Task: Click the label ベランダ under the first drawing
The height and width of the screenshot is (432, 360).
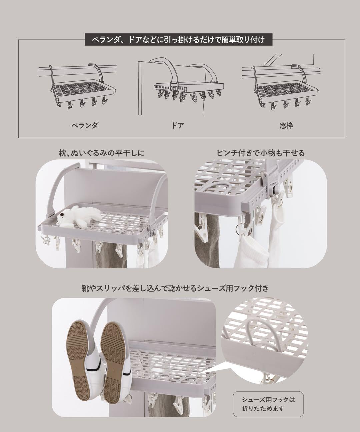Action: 85,125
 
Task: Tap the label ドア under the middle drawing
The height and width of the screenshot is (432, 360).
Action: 177,125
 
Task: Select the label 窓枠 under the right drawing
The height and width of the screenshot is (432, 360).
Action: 286,125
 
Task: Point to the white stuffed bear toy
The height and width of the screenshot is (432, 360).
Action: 79,218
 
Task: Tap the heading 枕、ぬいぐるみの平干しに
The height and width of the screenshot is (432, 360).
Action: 101,153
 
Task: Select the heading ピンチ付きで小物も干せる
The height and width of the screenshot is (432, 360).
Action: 261,153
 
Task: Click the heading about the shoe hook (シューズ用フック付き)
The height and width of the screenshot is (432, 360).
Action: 175,288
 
